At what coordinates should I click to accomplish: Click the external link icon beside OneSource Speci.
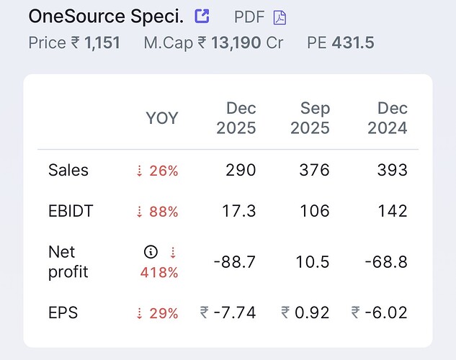tap(202, 16)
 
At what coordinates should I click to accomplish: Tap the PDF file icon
tap(280, 17)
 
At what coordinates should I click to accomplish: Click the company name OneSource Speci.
tap(106, 16)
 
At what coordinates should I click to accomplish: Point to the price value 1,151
tap(102, 42)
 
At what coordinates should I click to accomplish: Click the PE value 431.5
tap(353, 42)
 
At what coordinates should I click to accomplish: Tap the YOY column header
tap(162, 118)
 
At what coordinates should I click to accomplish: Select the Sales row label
tap(68, 171)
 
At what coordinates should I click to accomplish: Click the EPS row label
tap(63, 313)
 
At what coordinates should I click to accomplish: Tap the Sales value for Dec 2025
tap(241, 171)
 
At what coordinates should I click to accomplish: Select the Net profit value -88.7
tap(235, 262)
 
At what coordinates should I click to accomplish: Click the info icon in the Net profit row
tap(151, 252)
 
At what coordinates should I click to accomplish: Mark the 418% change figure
tap(159, 272)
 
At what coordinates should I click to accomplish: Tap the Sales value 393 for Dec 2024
tap(392, 171)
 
